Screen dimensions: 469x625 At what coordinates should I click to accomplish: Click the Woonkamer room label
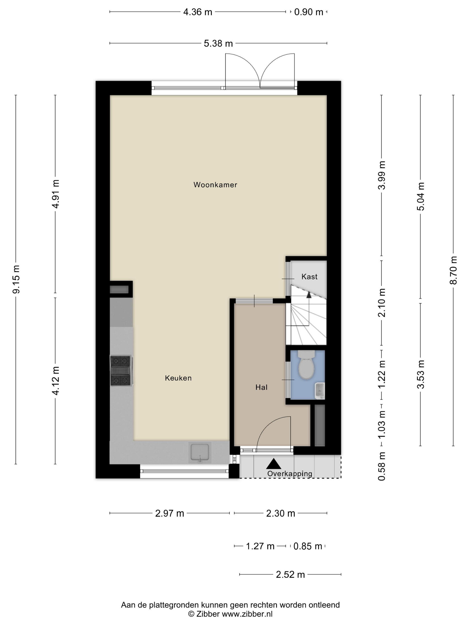pos(215,185)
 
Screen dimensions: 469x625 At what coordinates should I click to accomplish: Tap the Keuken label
pos(178,378)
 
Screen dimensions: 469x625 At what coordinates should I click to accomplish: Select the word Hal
pos(261,387)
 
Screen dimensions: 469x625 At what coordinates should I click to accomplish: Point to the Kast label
pos(309,277)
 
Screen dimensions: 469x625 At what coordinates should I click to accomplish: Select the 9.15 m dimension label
pos(16,279)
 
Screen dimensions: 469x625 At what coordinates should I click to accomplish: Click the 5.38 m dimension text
pos(218,44)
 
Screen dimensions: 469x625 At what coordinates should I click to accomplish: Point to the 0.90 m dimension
pos(308,12)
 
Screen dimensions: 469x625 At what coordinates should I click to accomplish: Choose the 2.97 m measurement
pos(170,513)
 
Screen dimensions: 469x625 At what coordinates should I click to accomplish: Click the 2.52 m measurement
pos(290,575)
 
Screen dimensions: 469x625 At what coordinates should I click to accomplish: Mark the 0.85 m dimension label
pos(308,546)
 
